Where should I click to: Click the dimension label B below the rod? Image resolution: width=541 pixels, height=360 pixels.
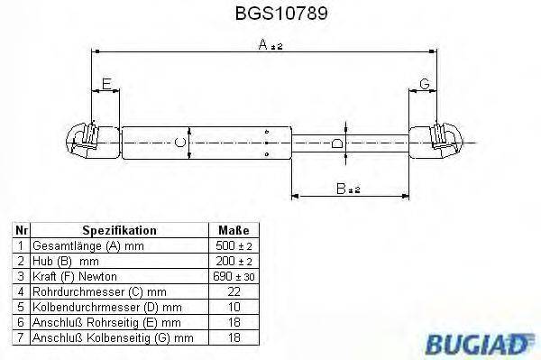click(340, 189)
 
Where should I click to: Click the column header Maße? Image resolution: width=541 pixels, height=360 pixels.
click(228, 231)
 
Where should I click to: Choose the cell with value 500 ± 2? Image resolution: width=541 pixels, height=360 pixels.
click(228, 245)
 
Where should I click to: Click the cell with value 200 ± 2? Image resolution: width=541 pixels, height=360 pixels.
click(228, 261)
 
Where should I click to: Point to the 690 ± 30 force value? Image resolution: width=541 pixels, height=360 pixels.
click(228, 275)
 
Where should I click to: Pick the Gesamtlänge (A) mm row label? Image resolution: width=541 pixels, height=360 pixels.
click(87, 245)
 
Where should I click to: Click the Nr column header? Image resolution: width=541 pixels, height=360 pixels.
click(23, 231)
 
